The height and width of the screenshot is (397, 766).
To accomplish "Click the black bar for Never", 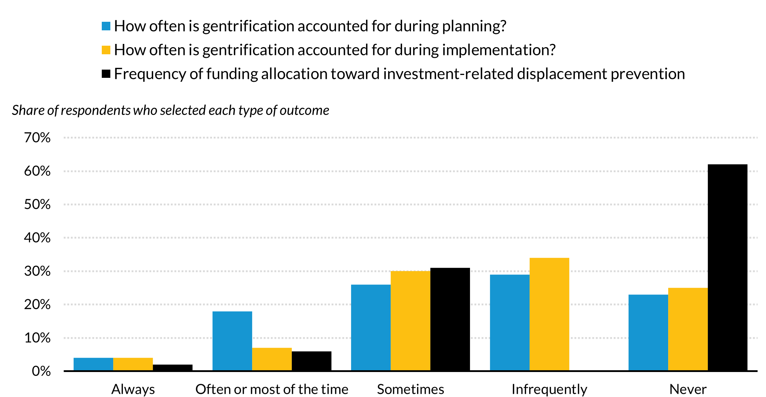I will coord(727,268).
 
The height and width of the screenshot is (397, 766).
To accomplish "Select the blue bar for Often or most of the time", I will coord(232,341).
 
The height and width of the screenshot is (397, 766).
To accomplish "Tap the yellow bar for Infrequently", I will coord(549,314).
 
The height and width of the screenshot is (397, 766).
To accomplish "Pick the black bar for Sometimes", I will coord(450,319).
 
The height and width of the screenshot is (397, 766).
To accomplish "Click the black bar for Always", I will coord(172,368).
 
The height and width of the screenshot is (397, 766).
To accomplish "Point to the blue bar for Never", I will coord(648,333).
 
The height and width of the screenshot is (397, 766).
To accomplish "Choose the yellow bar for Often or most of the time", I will coord(272,359).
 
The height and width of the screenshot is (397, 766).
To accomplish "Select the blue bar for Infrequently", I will coord(510,323).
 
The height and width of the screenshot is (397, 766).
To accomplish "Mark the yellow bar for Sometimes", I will coord(410,321).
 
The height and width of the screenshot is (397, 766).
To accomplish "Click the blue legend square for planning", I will coord(106,26).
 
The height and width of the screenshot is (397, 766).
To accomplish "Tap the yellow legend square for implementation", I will coord(106,50).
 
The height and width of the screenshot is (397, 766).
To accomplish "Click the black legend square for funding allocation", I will coord(106,74).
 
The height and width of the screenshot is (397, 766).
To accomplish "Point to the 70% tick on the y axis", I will coord(37,137).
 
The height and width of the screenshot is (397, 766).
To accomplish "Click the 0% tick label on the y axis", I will coord(41,371).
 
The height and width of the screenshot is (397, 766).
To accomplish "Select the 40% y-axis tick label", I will coord(37,238).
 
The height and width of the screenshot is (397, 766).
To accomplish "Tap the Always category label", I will coord(133,389).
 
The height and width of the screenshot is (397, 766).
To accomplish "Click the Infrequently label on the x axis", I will coord(549,389).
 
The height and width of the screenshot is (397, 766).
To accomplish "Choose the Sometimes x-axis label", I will coord(410,389).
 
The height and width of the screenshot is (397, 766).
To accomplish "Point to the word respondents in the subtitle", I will coord(96,110).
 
